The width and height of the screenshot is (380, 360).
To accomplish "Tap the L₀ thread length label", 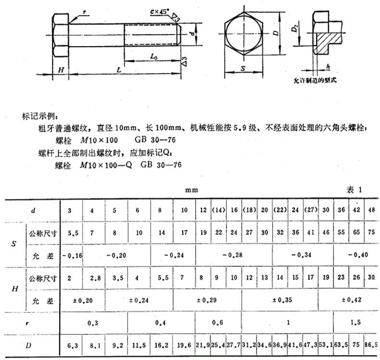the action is pyautogui.click(x=154, y=57).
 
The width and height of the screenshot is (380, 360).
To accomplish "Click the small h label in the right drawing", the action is pyautogui.click(x=327, y=65).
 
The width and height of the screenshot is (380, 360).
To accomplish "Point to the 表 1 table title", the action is pyautogui.click(x=354, y=190).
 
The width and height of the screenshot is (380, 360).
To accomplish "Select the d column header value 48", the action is pyautogui.click(x=371, y=210).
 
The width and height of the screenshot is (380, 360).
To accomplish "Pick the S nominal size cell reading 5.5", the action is pyautogui.click(x=73, y=233).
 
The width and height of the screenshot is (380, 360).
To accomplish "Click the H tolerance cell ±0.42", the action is pyautogui.click(x=348, y=300).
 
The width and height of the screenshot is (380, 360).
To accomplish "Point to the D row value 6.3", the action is pyautogui.click(x=73, y=345).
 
